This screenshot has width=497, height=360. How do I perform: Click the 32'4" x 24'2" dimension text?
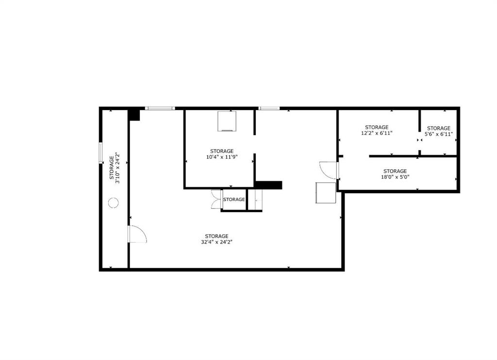[x=217, y=242]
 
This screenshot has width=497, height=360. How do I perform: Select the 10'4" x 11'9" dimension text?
[x=222, y=157]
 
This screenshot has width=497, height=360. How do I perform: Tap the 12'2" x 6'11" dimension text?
[x=377, y=133]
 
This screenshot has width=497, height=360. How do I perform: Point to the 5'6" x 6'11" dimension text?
[x=439, y=134]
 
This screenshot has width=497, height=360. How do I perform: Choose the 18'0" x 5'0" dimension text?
[x=395, y=177]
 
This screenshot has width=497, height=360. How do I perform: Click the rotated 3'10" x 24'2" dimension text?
[x=117, y=168]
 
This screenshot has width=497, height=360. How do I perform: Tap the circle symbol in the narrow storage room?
[x=113, y=202]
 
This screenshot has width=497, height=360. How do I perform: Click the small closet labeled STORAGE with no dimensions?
[x=234, y=199]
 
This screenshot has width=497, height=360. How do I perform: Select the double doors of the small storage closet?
[x=216, y=199]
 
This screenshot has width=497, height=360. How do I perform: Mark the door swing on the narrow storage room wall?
[x=137, y=234]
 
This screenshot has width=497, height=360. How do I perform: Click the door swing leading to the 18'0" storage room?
[x=329, y=170]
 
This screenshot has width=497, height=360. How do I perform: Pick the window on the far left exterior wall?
[x=101, y=153]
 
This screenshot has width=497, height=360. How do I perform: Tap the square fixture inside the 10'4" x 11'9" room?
[x=227, y=121]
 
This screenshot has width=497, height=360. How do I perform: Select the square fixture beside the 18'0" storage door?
[x=326, y=193]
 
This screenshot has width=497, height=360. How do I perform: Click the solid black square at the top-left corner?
[x=134, y=115]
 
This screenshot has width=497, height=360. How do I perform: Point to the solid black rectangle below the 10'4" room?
[x=268, y=185]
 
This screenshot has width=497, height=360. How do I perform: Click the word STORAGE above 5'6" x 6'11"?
[x=439, y=128]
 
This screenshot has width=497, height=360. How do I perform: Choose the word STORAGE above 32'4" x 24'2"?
[x=217, y=236]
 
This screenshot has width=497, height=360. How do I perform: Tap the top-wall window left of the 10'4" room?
[x=160, y=108]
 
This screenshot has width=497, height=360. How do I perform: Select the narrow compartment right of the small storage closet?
[x=255, y=199]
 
